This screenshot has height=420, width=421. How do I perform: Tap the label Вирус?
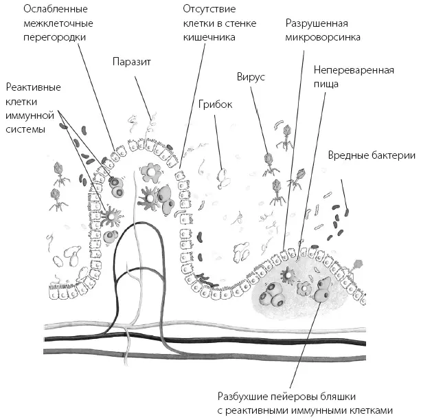click(x=250, y=77)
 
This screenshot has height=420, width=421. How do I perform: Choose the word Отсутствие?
click(x=210, y=10)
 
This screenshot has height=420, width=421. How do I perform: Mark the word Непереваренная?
click(x=353, y=70)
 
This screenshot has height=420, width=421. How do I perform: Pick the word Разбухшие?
click(x=242, y=395)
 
